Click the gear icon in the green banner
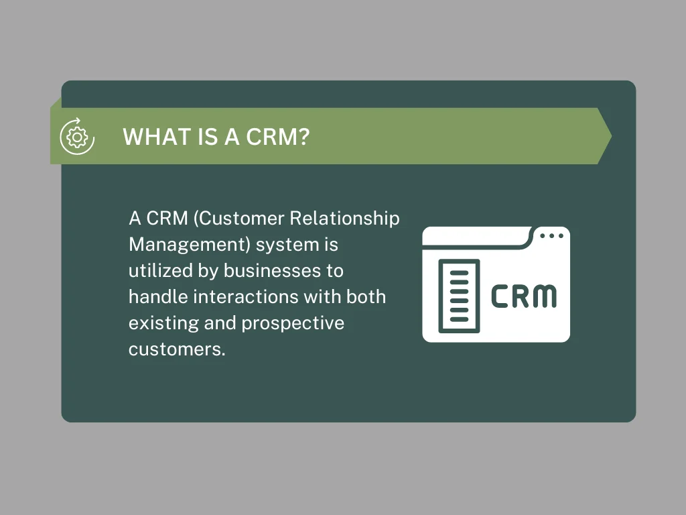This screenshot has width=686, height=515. pos(77,137)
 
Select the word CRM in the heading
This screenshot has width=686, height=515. pos(271,137)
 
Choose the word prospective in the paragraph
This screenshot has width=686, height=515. pos(293,323)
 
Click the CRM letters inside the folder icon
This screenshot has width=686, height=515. pos(523,296)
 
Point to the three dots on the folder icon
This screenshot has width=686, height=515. pos(551,236)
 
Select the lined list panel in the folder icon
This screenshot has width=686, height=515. pos(459,296)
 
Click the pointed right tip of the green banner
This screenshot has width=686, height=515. pos(608,136)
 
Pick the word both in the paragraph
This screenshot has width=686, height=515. pos(367,297)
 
